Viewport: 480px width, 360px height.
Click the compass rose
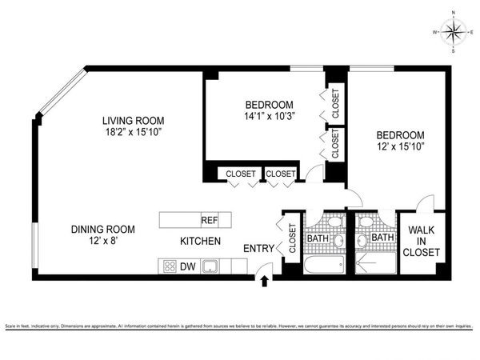click(454, 32)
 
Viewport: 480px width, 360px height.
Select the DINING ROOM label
click(102, 229)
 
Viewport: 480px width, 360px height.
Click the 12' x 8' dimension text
click(102, 242)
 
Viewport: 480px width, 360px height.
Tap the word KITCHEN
click(200, 242)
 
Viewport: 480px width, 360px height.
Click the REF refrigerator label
click(210, 220)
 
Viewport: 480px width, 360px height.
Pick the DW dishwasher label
click(188, 267)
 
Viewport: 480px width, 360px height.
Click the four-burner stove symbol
click(170, 267)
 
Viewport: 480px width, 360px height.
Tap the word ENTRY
click(258, 248)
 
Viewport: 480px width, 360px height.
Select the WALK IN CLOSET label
click(423, 241)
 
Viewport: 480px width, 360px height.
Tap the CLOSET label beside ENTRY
click(292, 238)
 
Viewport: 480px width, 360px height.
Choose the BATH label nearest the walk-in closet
click(382, 238)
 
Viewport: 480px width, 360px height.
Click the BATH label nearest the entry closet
click(318, 238)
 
